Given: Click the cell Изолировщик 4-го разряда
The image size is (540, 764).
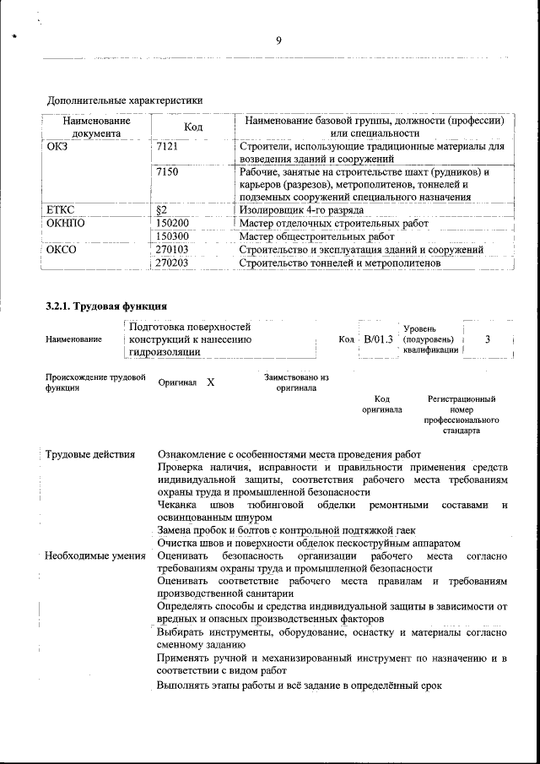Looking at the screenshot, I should coord(301,209).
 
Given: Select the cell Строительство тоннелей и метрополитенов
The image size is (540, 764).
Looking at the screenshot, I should coord(339,263).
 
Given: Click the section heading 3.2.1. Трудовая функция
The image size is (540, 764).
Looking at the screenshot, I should coord(106,306).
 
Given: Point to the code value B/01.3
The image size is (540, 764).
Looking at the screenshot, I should coord(378,339).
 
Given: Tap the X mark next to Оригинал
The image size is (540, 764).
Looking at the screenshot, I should coord(210,382).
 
